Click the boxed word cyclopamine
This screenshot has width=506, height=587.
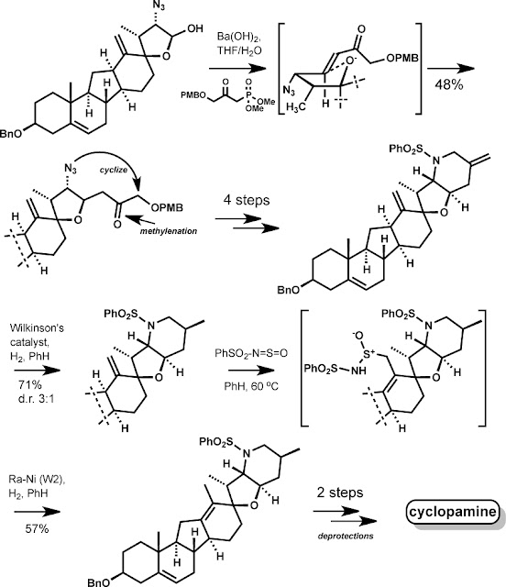click(x=453, y=512)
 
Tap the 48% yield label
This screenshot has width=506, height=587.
click(x=449, y=85)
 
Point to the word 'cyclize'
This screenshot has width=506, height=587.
click(x=114, y=170)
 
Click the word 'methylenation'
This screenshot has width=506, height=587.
click(x=169, y=231)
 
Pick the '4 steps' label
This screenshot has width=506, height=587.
click(x=247, y=200)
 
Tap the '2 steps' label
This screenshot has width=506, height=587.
click(x=340, y=493)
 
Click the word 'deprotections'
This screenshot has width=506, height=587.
click(x=346, y=536)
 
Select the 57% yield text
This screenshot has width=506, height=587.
click(x=37, y=529)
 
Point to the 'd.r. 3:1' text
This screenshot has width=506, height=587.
click(x=36, y=398)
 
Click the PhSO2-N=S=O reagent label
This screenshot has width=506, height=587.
click(x=251, y=353)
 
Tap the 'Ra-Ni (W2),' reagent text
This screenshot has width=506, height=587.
click(x=37, y=480)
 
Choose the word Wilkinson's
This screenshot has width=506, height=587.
click(x=37, y=328)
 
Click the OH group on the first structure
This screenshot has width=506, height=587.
click(x=195, y=28)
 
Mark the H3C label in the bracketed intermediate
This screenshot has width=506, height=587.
click(x=296, y=107)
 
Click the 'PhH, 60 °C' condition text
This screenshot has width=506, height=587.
click(x=251, y=386)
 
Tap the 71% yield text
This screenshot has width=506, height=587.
click(x=30, y=385)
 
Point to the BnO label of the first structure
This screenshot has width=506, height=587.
click(x=10, y=133)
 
